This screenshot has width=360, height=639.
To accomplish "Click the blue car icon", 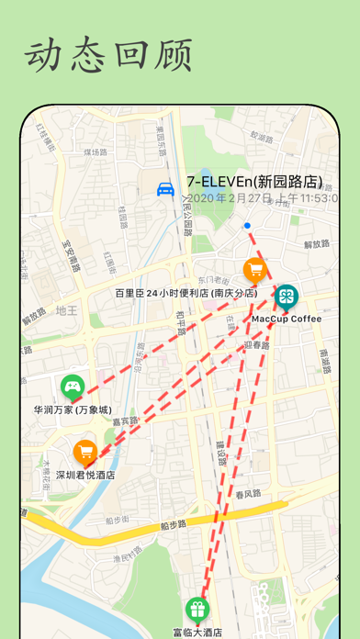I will click(166, 190).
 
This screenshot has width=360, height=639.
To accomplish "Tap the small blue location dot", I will click(247, 225).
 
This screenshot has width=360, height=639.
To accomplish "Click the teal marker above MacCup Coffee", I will click(287, 296).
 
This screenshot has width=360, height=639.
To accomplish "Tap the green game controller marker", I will click(72, 387).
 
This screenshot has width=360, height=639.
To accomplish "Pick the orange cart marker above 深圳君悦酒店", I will click(85, 452).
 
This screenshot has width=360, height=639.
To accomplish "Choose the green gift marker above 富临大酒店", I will click(197, 608).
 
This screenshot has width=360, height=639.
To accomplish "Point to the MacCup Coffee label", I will click(287, 319).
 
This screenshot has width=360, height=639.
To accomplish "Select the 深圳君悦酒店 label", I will click(85, 475).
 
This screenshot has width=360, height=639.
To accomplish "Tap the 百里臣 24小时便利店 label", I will click(186, 293).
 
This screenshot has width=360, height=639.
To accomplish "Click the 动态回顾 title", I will click(108, 56).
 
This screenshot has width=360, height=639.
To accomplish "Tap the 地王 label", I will click(66, 311).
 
